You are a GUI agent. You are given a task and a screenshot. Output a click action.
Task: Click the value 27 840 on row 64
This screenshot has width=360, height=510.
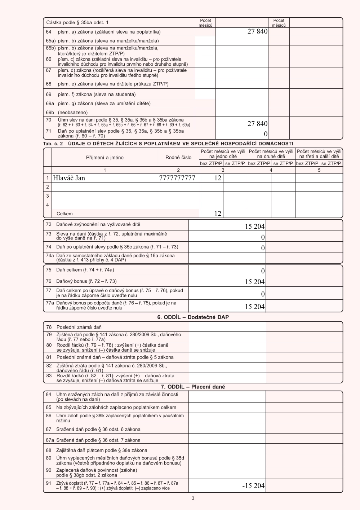[257, 32]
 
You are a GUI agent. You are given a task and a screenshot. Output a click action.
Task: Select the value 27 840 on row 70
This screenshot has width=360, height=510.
[257, 124]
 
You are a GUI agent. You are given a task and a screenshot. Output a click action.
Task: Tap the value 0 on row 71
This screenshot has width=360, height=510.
[266, 134]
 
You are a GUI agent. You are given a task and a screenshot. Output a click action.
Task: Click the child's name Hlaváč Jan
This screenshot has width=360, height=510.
[69, 178]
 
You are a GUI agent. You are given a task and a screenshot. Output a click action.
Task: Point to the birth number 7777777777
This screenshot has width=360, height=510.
[177, 178]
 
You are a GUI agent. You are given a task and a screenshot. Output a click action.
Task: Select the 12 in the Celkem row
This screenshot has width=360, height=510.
[218, 214]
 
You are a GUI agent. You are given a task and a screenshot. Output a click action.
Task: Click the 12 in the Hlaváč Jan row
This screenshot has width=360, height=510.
[218, 178]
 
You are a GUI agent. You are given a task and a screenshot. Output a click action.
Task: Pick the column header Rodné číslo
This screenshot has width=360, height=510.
[178, 158]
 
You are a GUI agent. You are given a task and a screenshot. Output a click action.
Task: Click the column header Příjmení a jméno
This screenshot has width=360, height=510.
[105, 158]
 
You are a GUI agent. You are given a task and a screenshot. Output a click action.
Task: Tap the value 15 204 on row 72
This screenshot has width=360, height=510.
[255, 227]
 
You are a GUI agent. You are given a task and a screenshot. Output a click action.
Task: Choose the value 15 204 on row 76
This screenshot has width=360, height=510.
[255, 282]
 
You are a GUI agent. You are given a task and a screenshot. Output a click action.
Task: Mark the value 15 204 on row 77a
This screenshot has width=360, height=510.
[255, 307]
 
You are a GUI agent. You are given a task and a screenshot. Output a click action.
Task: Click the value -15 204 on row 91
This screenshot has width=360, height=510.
[253, 486]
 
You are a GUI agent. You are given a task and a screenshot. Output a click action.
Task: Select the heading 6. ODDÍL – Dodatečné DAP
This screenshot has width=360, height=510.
[193, 317]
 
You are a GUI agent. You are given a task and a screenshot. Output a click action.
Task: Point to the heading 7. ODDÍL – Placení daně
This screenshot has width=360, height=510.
[193, 387]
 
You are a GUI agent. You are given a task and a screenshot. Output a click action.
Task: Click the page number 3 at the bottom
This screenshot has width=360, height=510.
[193, 498]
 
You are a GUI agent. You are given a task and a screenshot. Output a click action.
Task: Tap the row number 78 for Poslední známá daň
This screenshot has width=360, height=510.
[49, 327]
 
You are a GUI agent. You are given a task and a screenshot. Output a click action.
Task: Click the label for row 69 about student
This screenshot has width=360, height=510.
[97, 94]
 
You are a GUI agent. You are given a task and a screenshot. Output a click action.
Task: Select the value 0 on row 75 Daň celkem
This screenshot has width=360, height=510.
[263, 271]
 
